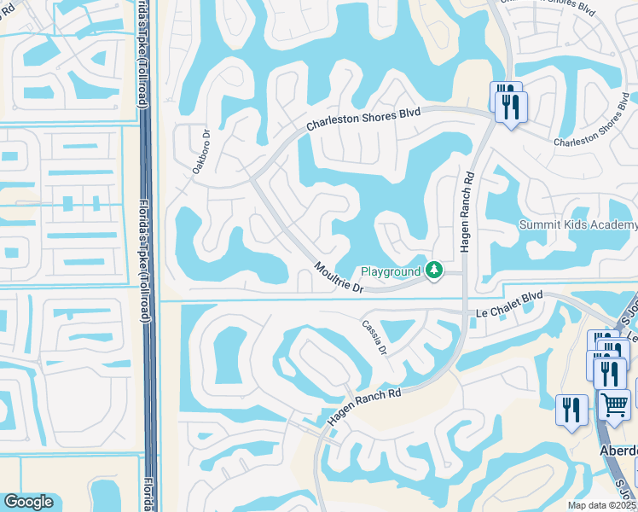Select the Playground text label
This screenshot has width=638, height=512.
[391, 271]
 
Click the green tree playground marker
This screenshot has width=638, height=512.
[435, 271]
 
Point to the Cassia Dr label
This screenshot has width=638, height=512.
[374, 339]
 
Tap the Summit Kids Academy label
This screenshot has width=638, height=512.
[578, 225]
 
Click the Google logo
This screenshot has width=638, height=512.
[28, 502]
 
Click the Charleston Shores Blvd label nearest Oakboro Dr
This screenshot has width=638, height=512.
[364, 120]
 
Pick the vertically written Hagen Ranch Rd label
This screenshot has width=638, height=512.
[467, 208]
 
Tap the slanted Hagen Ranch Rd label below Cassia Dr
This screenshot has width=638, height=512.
[363, 406]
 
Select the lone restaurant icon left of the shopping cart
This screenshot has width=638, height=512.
[571, 410]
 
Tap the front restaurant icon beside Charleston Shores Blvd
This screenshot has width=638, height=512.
[512, 108]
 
